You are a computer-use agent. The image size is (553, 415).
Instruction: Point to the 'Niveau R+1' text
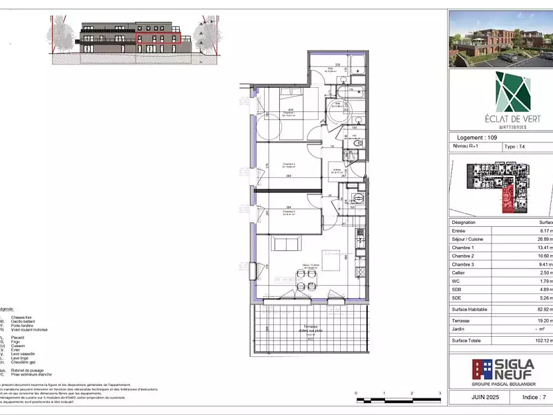(468, 147)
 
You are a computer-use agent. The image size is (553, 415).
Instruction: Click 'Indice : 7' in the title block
(533, 398)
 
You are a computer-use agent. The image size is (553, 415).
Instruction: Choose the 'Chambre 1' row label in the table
(463, 248)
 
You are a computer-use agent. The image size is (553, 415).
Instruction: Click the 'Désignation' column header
(463, 223)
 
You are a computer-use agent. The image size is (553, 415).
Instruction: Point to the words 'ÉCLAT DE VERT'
(503, 119)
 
